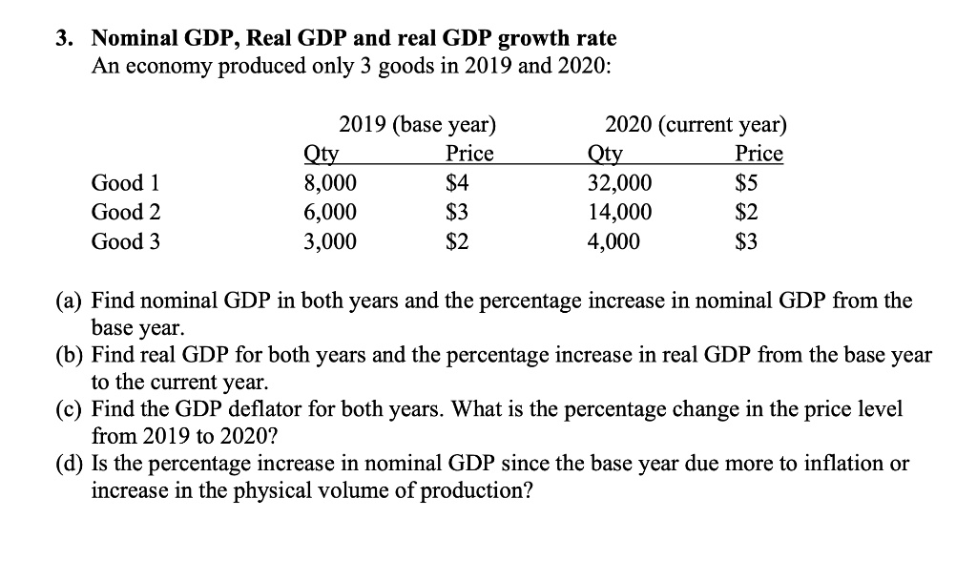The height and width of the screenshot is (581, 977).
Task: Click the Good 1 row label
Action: (117, 182)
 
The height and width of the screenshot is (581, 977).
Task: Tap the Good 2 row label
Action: (118, 212)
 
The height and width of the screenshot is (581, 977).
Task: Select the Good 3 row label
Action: (118, 241)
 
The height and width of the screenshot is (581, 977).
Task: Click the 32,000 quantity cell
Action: (621, 183)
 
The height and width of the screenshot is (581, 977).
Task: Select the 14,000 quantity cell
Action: (621, 213)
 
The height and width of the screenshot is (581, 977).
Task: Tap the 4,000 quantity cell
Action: (615, 242)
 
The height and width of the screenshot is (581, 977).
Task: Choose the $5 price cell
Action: (747, 183)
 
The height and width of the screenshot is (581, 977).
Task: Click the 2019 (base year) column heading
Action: (418, 125)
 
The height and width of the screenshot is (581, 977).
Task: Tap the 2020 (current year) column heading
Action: (696, 125)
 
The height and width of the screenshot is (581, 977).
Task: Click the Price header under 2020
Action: (759, 154)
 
